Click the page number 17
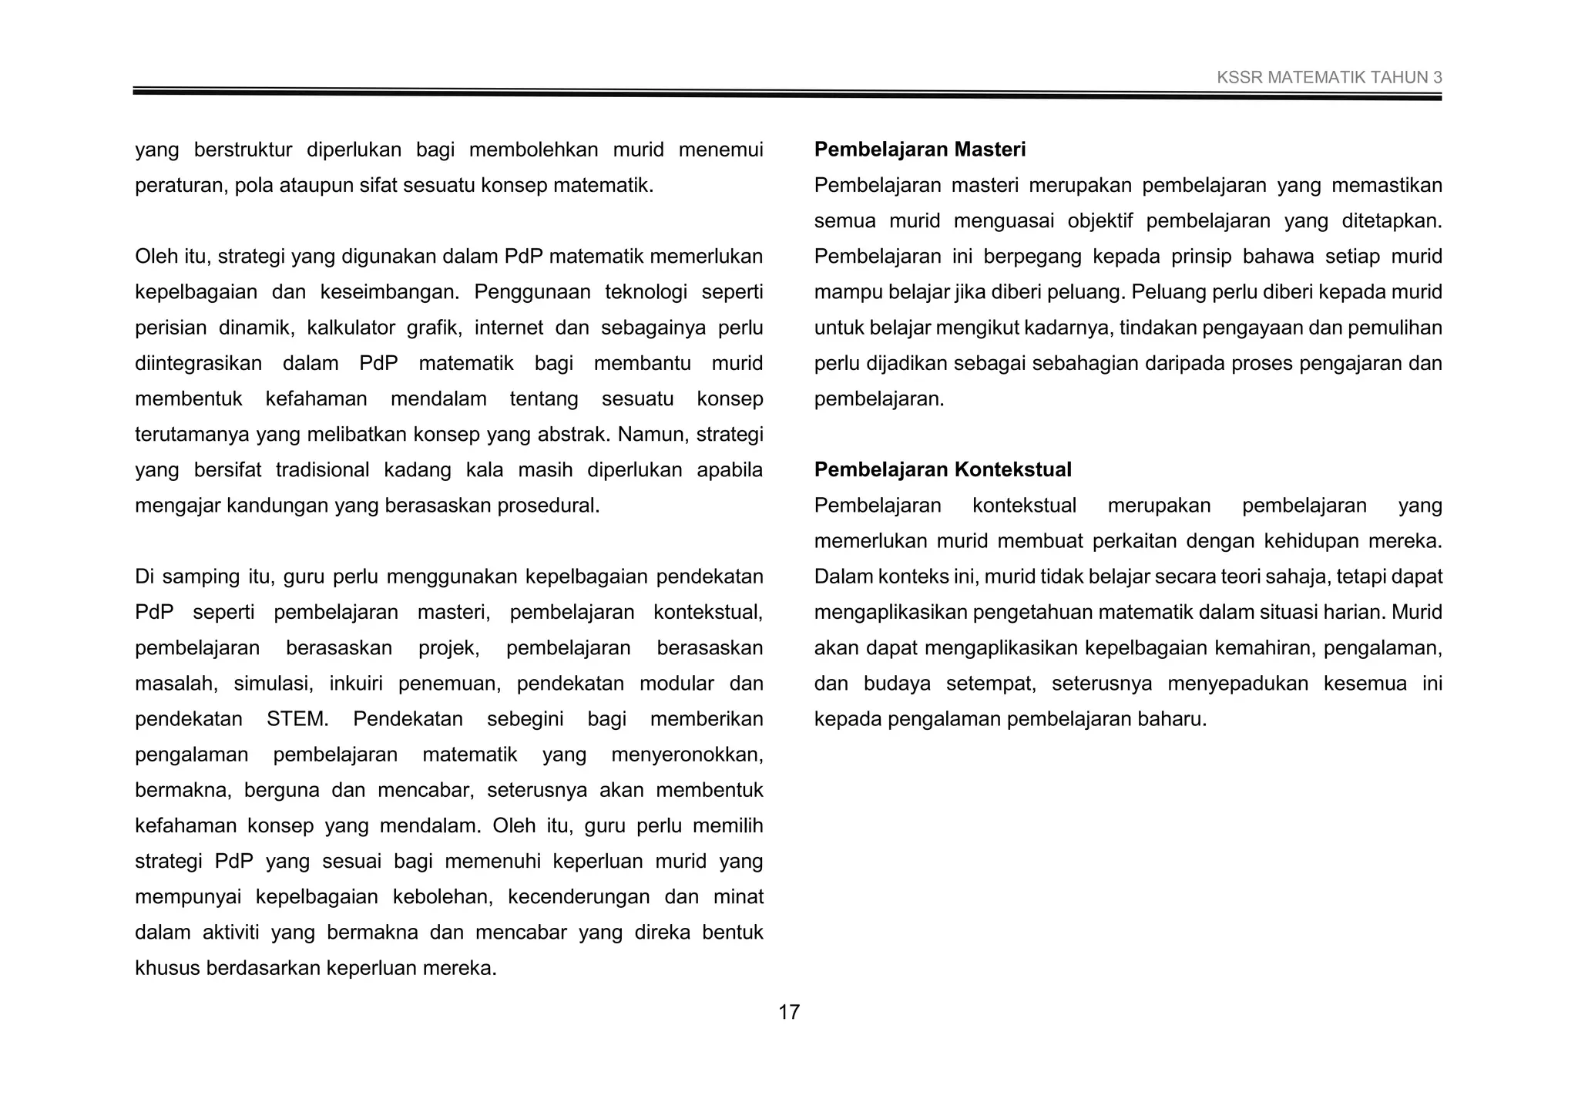click(x=789, y=1012)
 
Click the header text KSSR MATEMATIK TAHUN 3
click(x=1329, y=78)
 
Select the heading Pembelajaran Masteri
click(x=919, y=150)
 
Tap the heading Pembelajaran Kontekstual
click(x=942, y=469)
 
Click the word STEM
click(x=297, y=719)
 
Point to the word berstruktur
click(x=243, y=150)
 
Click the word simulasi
click(x=273, y=684)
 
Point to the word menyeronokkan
click(x=687, y=755)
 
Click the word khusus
click(x=167, y=968)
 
